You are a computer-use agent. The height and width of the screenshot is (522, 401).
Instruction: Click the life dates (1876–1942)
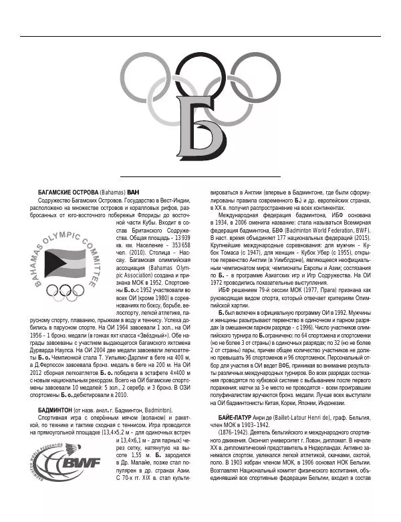tap(233, 432)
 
